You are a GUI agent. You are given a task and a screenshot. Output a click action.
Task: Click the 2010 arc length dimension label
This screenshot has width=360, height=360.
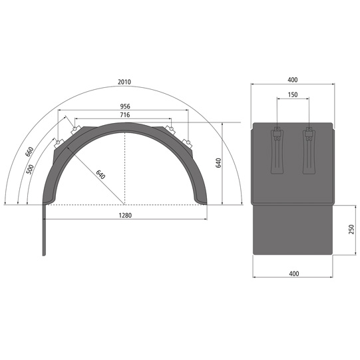pyautogui.click(x=124, y=82)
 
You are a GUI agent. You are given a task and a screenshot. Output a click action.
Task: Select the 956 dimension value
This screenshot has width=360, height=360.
pyautogui.click(x=125, y=106)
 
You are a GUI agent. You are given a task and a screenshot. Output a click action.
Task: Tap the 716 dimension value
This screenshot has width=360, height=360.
pyautogui.click(x=125, y=115)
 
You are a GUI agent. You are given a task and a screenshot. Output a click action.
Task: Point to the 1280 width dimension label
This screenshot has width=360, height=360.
pyautogui.click(x=125, y=216)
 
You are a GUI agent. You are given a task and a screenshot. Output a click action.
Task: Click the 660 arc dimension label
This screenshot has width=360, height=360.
pyautogui.click(x=29, y=152)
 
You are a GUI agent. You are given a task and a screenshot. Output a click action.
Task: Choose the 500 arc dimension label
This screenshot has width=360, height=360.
pyautogui.click(x=30, y=170)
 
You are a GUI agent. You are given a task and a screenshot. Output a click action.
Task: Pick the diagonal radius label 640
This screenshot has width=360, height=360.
pyautogui.click(x=100, y=175)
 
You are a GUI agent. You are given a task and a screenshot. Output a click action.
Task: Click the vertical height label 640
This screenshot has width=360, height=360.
pyautogui.click(x=218, y=163)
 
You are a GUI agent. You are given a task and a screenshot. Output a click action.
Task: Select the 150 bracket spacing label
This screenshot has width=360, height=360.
pyautogui.click(x=293, y=94)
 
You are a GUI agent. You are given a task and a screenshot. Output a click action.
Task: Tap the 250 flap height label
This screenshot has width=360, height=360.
pyautogui.click(x=351, y=230)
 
